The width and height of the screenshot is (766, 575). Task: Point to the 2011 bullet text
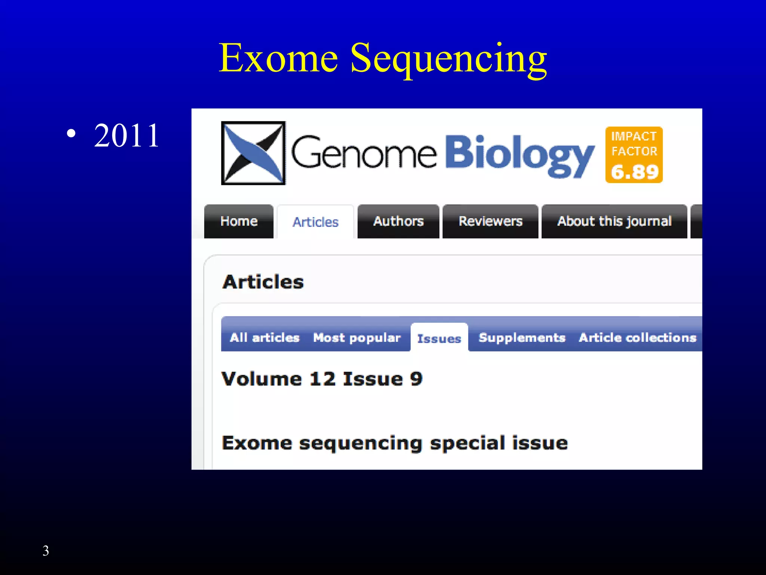tap(127, 136)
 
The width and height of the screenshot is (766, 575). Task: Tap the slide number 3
tap(46, 551)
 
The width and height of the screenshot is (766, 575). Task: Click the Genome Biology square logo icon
tap(253, 153)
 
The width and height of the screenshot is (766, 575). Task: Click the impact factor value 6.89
tap(634, 172)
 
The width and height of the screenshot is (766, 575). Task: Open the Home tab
tap(239, 221)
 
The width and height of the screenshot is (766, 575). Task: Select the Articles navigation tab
tap(315, 222)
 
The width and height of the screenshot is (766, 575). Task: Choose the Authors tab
tap(398, 221)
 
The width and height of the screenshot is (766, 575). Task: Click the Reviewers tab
tap(490, 221)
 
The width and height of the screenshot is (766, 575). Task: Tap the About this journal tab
tap(614, 221)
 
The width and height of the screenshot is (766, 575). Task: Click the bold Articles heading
tap(263, 282)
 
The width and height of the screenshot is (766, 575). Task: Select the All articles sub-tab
tap(264, 338)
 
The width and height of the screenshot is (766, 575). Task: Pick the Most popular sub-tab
tap(357, 338)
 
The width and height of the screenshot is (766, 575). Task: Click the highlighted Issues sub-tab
tap(439, 338)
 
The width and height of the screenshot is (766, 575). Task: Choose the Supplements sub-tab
tap(522, 338)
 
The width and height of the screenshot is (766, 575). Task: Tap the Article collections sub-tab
tap(637, 338)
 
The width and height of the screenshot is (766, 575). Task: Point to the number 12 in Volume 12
tap(322, 379)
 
